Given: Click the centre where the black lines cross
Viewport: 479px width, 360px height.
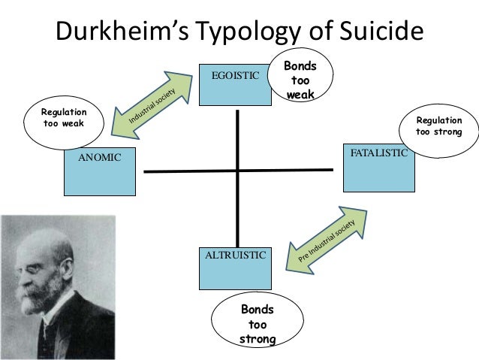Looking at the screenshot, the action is click(238, 171).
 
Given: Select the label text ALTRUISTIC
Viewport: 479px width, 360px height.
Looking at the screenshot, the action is click(236, 255).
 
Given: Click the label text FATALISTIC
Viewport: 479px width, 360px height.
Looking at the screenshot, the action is click(378, 153).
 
